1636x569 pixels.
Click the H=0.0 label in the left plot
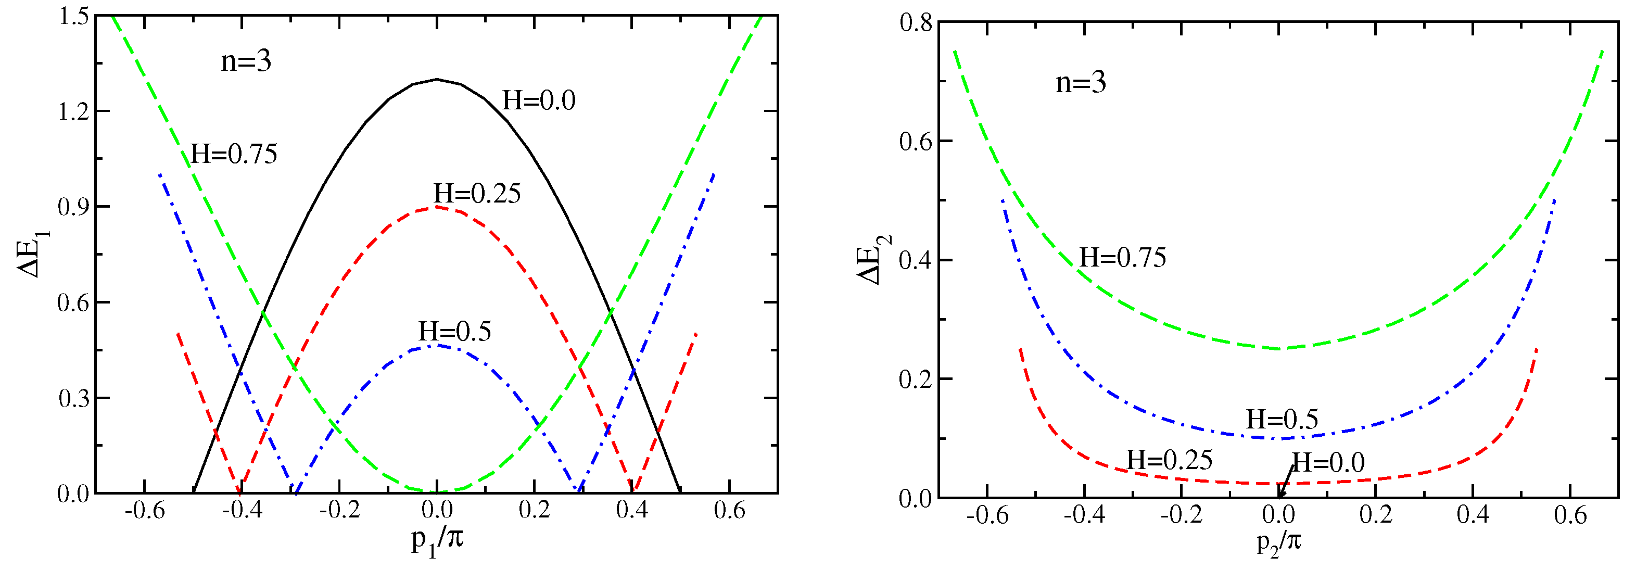(x=539, y=100)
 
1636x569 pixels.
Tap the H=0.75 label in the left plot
(x=234, y=154)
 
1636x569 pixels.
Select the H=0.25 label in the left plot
(x=477, y=194)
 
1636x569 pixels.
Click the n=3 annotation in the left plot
(x=246, y=61)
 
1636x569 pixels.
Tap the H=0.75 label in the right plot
(x=1123, y=258)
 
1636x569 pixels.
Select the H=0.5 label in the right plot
(x=1282, y=419)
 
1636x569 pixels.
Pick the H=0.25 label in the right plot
(x=1169, y=460)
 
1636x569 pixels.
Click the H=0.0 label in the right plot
(x=1328, y=462)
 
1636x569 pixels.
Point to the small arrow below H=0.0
(x=1284, y=483)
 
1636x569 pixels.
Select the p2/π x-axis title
(x=1278, y=543)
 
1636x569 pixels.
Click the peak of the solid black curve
(x=437, y=79)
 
